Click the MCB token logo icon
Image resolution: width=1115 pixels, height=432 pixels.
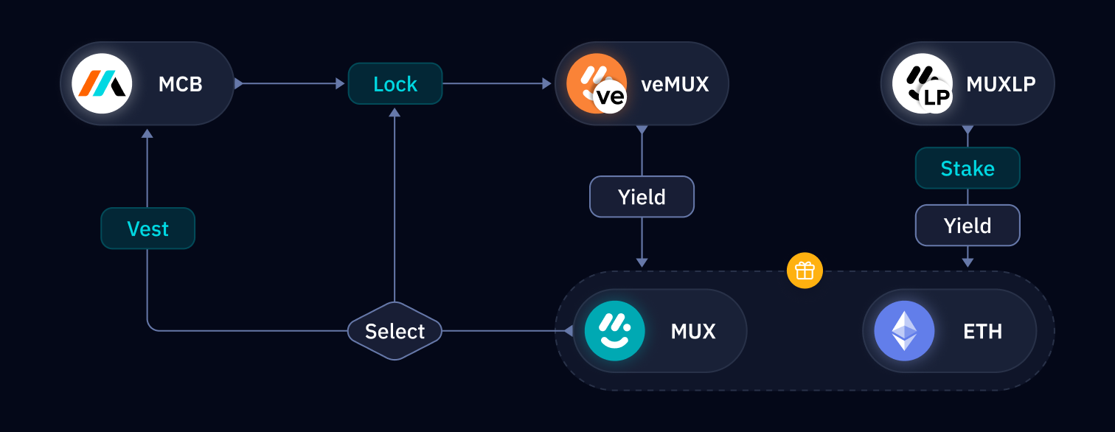tap(102, 83)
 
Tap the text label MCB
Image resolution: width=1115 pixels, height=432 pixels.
tap(180, 84)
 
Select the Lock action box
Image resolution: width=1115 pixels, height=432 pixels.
tap(395, 84)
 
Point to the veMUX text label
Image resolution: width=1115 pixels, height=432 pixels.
tap(674, 84)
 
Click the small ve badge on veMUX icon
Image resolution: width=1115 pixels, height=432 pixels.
tap(610, 97)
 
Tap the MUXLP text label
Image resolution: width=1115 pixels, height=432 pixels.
tap(1001, 84)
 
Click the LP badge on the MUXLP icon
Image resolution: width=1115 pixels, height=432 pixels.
tap(936, 98)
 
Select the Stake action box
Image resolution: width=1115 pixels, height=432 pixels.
tap(968, 168)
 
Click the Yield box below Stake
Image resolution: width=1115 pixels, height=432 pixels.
tap(968, 226)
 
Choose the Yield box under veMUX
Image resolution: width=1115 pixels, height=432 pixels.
tap(642, 197)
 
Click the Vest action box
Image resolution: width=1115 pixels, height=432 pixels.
tap(147, 229)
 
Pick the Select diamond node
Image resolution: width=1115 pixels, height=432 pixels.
tap(395, 331)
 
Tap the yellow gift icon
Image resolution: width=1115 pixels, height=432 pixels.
tap(805, 271)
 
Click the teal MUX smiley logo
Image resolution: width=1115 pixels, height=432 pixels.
tap(614, 331)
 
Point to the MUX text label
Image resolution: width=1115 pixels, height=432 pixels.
tap(693, 331)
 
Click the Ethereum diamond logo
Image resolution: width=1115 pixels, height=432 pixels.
tap(904, 331)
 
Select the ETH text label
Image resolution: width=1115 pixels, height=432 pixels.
tap(982, 331)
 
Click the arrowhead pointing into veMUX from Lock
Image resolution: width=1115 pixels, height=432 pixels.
tap(546, 84)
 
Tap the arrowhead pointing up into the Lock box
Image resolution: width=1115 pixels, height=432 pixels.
tap(395, 112)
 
